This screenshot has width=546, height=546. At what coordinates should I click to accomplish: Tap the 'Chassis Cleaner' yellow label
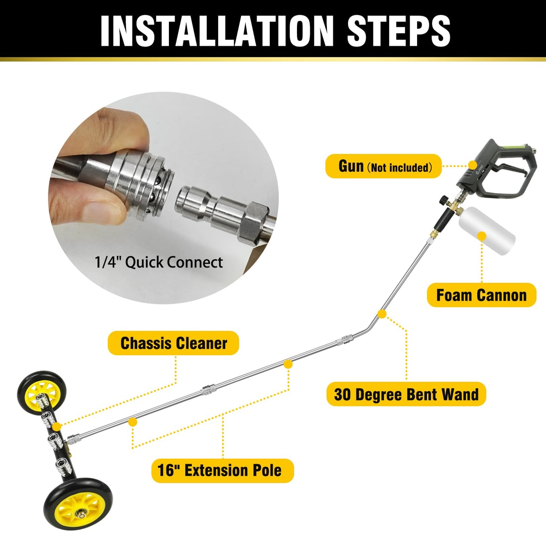point(173,343)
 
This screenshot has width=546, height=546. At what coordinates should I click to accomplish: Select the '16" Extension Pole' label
point(222,470)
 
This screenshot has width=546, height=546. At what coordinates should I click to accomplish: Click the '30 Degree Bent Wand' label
point(406,394)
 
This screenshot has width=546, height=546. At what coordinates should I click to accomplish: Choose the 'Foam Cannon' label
point(481,295)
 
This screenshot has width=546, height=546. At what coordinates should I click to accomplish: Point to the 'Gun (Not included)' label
point(384,166)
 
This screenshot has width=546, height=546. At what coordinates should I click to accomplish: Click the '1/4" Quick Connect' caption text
point(159,262)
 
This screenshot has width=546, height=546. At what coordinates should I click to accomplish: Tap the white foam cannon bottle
point(487,230)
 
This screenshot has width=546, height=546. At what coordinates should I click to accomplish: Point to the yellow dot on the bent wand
point(382,314)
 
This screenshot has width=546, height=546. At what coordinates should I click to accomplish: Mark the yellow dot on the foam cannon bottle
point(482,237)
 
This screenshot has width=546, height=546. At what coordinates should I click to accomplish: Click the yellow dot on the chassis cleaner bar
point(57,427)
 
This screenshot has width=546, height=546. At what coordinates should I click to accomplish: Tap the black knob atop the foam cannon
point(442,199)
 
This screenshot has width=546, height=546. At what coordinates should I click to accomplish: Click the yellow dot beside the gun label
point(472,165)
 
